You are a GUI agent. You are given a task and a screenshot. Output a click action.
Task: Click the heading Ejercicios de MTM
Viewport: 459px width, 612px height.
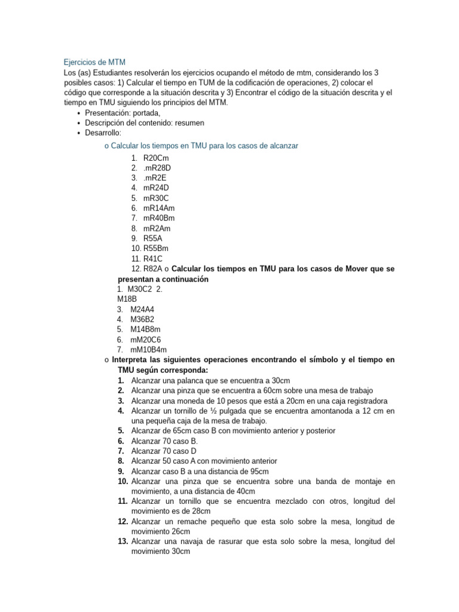[x=94, y=62]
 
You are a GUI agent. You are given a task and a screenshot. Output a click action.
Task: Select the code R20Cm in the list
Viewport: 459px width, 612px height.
[x=157, y=158]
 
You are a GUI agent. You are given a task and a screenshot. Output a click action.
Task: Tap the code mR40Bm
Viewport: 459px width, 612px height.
[x=159, y=218]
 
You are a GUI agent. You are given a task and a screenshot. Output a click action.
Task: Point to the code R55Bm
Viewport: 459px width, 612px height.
[x=156, y=249]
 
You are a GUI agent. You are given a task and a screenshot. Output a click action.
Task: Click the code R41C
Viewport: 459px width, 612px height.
[x=153, y=259]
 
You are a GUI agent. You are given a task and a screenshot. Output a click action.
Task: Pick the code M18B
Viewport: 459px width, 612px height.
[x=127, y=299]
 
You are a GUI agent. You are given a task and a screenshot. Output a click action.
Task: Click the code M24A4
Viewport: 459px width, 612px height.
[x=142, y=309]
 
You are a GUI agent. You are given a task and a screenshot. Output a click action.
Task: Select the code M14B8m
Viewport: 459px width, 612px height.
[x=145, y=329]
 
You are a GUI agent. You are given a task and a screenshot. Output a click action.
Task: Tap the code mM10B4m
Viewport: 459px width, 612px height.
[x=149, y=350]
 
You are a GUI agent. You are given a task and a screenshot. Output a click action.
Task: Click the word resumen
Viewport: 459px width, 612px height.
[x=189, y=123]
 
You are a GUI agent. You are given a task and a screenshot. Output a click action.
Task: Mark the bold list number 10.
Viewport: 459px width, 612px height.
[x=123, y=481]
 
